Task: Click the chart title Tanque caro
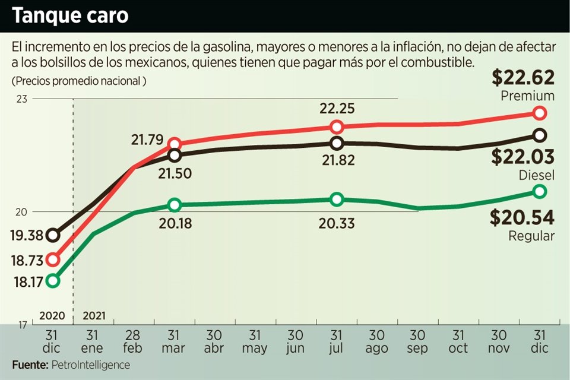pos(70,16)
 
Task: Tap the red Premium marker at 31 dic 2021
pos(539,113)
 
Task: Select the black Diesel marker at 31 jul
pos(337,143)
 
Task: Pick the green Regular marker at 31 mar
pos(175,205)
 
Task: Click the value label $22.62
pos(523,78)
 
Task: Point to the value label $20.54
pos(522,217)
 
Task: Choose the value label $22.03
pos(523,157)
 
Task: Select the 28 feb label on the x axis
pos(134,341)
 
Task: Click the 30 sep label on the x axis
pos(417,341)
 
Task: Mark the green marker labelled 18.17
pos(53,280)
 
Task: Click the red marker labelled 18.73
pos(53,259)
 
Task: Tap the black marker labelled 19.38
pos(53,235)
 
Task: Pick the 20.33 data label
pos(337,223)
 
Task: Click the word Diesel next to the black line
pos(537,175)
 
